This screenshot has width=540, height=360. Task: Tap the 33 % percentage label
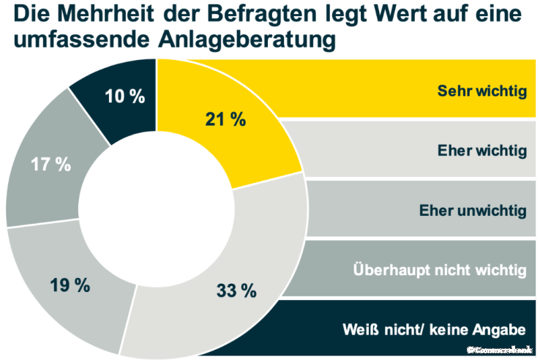click(x=236, y=290)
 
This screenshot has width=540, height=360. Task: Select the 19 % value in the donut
click(x=70, y=285)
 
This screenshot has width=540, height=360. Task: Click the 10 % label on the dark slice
click(x=125, y=97)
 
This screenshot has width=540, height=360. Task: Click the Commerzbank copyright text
click(x=501, y=350)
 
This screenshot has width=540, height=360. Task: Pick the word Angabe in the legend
click(x=503, y=329)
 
